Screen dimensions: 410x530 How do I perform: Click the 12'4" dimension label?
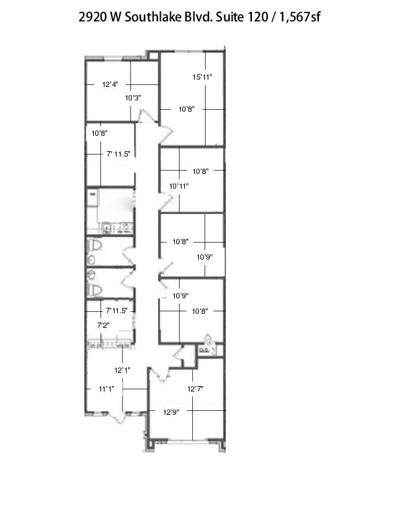point(110,84)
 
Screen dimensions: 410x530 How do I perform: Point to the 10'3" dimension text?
point(133,98)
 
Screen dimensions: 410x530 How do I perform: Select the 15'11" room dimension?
point(202,77)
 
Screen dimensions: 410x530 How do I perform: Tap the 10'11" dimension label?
point(179,186)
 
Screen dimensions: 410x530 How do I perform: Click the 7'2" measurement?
point(103,325)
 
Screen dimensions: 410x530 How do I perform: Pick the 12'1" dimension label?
point(122,370)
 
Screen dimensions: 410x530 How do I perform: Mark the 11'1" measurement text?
point(107,389)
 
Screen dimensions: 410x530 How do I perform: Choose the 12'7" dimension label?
point(195,389)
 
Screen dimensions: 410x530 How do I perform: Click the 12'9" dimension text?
point(171,412)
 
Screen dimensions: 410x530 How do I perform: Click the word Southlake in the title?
point(153,17)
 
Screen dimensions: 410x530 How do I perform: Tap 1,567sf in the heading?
point(299,17)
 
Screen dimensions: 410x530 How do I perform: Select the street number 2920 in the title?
point(92,17)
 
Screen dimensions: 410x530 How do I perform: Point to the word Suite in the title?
point(230,17)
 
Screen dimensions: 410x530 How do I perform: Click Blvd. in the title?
point(198,17)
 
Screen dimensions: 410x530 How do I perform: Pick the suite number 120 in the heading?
point(258,17)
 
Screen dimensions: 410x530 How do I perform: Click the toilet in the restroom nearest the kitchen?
point(94,245)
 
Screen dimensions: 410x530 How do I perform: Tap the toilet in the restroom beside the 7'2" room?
point(94,290)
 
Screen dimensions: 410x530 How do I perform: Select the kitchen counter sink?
point(107,229)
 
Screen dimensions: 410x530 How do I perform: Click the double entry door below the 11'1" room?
point(118,418)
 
